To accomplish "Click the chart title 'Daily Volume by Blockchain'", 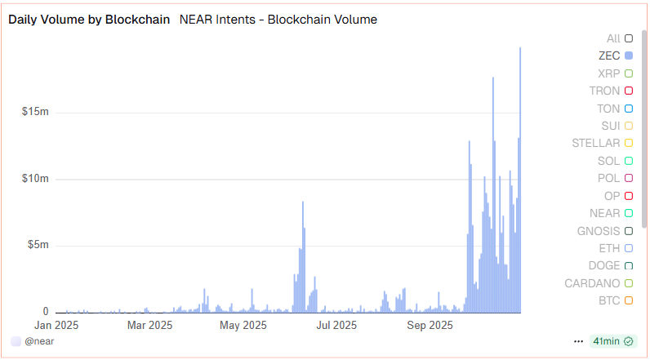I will (x=89, y=20).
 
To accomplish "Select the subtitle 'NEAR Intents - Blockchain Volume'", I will (x=278, y=20).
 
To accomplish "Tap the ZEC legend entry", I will (x=615, y=56).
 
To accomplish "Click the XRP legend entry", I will (x=615, y=73).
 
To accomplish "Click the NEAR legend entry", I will (x=611, y=213).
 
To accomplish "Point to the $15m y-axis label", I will (x=36, y=112).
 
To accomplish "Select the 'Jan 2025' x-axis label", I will (x=56, y=325).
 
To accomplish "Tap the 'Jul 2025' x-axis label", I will (x=336, y=325).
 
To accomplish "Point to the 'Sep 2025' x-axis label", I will (x=430, y=325).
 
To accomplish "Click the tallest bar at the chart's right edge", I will (x=520, y=180).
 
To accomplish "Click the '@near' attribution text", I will (x=40, y=341).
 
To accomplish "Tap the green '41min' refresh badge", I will (x=612, y=341).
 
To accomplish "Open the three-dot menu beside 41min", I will (x=579, y=341).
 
